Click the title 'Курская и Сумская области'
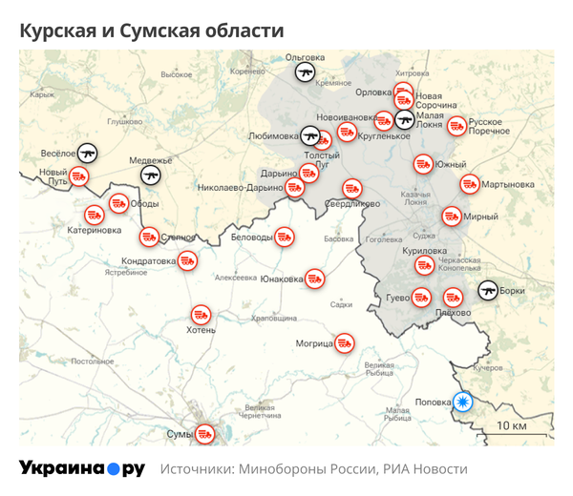click(152, 31)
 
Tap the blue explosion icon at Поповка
click(464, 402)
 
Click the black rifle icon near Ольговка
click(305, 71)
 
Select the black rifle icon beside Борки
click(488, 290)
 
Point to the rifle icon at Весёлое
click(88, 153)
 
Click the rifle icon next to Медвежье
click(151, 175)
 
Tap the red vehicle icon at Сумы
click(204, 434)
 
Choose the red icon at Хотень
click(200, 313)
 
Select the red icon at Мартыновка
click(469, 183)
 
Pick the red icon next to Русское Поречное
click(456, 125)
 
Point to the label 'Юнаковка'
click(282, 279)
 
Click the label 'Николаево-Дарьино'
click(239, 188)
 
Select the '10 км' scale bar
click(512, 426)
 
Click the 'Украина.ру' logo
click(82, 468)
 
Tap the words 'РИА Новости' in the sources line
click(425, 469)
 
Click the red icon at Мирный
click(452, 217)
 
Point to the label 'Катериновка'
click(95, 230)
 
